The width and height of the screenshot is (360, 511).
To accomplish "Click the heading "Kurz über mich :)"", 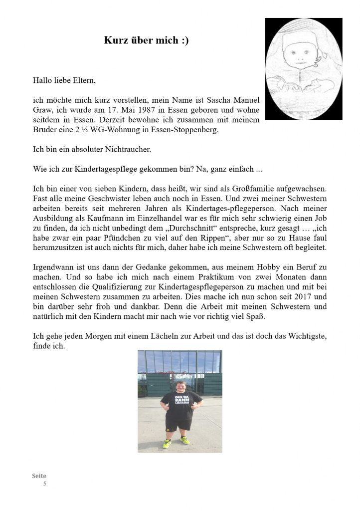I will click(146, 41).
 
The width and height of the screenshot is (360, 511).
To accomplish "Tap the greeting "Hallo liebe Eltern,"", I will click(64, 80).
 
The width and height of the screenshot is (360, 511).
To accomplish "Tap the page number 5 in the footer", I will click(44, 484).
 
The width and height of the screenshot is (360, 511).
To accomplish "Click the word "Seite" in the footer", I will click(39, 476).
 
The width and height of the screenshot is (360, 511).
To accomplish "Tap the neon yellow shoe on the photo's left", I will click(167, 443).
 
